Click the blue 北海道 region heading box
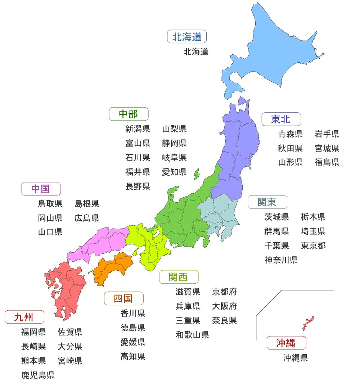click(x=187, y=37)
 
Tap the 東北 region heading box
click(x=281, y=119)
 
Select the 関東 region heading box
click(x=267, y=202)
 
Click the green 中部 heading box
click(x=129, y=114)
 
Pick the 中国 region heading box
click(x=41, y=189)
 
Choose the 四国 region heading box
click(x=123, y=298)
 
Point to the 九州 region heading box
click(x=24, y=317)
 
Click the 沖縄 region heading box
click(x=286, y=343)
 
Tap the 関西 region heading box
click(x=179, y=277)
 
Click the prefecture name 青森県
click(x=291, y=134)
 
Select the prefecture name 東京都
click(x=313, y=245)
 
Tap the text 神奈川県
click(x=281, y=260)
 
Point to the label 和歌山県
click(x=192, y=335)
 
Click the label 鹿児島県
click(x=38, y=375)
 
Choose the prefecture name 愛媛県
click(x=133, y=342)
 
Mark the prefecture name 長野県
click(x=138, y=186)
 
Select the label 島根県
click(x=87, y=204)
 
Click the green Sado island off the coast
click(x=197, y=174)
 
